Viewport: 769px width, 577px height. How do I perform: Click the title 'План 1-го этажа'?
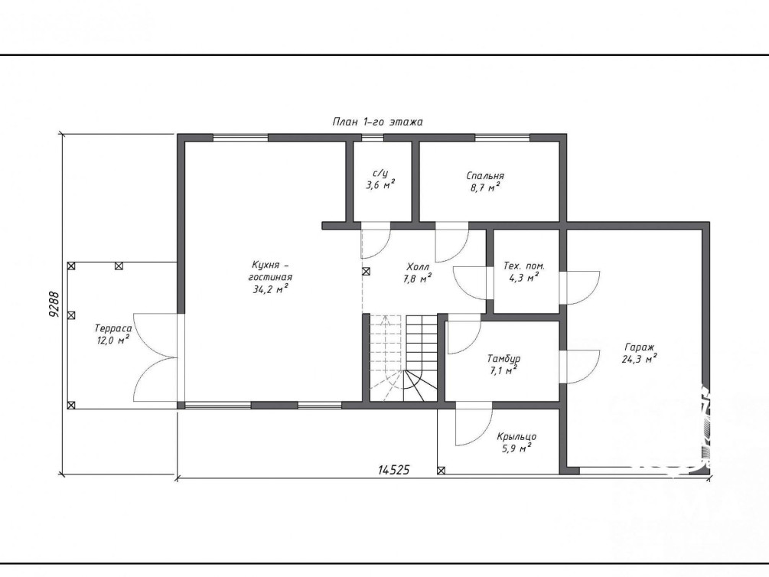coord(377,122)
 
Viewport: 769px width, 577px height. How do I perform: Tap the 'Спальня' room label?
coord(485,176)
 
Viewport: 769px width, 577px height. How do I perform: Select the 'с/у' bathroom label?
coord(380,173)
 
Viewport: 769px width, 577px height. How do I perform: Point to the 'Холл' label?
coord(418,267)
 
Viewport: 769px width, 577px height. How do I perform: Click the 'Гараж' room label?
coord(640,347)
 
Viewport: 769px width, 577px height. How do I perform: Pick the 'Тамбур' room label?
coord(503,359)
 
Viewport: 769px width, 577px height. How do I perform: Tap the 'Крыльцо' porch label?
coord(516,437)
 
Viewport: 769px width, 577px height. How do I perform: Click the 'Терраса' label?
coord(113,329)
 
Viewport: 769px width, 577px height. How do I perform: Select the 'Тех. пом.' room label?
coord(524,266)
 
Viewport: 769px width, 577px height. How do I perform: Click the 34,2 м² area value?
coord(270,289)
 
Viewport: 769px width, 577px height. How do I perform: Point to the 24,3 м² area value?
coord(640,359)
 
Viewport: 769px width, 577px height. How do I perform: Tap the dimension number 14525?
coord(393,470)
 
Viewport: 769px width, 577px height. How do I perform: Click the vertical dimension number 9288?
coord(54,305)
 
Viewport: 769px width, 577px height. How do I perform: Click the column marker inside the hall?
coord(366,272)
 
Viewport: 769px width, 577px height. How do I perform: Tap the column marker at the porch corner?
coord(441,471)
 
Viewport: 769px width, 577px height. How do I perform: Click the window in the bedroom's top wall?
coord(502,138)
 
